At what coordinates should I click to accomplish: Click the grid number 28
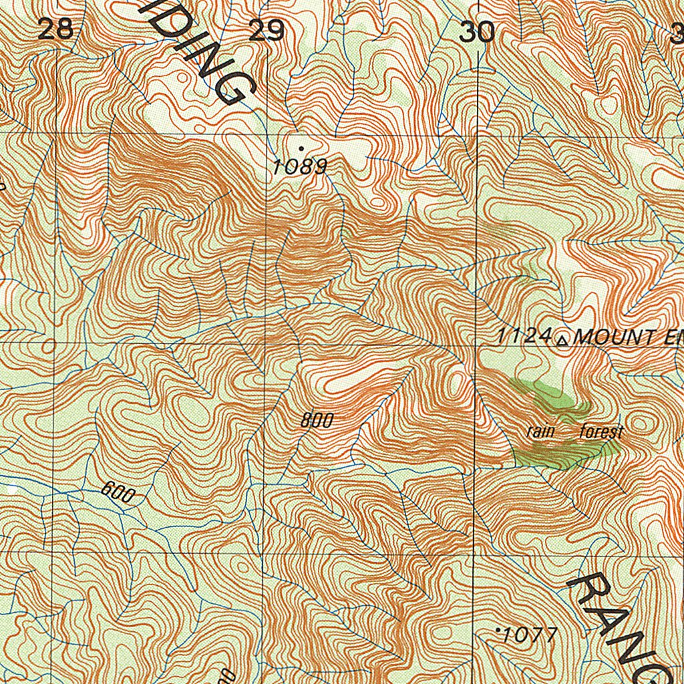tap(55, 30)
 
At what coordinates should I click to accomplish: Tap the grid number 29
tap(267, 31)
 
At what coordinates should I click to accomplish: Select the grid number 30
tap(477, 31)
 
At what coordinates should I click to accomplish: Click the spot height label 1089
tap(300, 166)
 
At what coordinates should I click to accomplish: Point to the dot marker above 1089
tap(301, 148)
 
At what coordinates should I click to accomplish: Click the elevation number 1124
tap(525, 337)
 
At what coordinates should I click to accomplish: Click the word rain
tap(540, 431)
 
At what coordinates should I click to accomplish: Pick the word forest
tap(601, 432)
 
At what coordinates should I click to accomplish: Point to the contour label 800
tap(316, 420)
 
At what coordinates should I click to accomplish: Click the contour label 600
tap(118, 492)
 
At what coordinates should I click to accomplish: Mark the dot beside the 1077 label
tap(499, 629)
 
